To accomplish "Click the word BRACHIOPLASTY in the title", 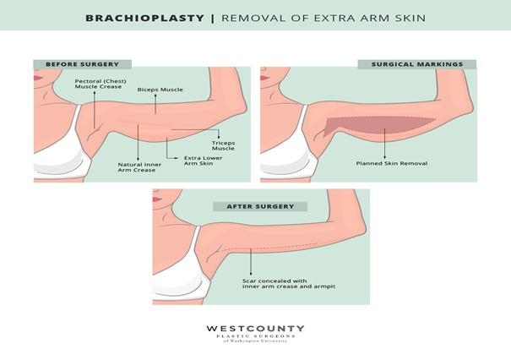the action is [x=145, y=18].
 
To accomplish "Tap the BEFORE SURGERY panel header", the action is [x=83, y=64].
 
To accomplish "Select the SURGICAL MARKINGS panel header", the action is [x=417, y=64].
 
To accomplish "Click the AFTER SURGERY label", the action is [x=260, y=206].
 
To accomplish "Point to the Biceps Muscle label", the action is [x=160, y=90].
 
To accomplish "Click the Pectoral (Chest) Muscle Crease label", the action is [x=101, y=84].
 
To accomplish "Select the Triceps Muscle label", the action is [x=223, y=145].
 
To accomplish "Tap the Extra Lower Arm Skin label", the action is [x=203, y=161].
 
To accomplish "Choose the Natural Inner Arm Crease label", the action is [x=139, y=167].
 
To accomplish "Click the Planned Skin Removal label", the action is [x=392, y=163].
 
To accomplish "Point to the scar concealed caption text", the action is [x=289, y=284].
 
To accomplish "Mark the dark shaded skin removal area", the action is [x=378, y=126].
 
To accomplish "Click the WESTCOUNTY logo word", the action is [x=255, y=329].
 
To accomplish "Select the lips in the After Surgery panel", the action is [x=157, y=199].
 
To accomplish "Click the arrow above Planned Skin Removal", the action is [x=384, y=144].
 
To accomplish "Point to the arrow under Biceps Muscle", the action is [x=155, y=104].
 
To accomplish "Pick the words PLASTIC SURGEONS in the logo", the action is [x=256, y=336].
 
